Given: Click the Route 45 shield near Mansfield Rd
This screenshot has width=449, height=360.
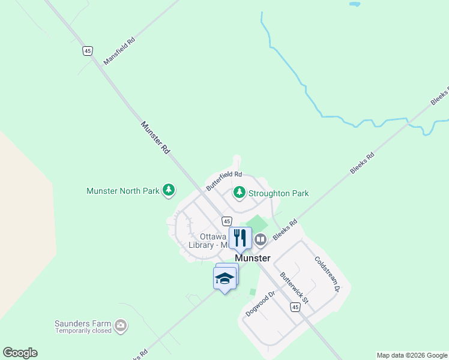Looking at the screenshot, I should pos(88,51).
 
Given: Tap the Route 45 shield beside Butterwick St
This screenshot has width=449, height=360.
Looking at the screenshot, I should pos(294,307).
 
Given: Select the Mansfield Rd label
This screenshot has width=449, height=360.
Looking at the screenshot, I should pos(119,51).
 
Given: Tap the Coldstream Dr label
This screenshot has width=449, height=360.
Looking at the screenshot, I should pos(327,274).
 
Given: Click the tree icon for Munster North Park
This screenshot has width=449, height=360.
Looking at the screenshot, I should pos(169,191).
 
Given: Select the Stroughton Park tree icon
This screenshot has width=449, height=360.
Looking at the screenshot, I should pos(240,193).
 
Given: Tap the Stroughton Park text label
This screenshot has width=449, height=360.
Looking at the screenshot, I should pos(279,193).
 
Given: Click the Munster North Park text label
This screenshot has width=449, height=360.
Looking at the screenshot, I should pos(123,191).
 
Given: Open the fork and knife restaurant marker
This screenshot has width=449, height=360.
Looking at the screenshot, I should pos(240,238).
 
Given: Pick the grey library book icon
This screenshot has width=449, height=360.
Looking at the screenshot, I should pos(261,240).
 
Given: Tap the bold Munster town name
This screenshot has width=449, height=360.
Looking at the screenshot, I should pos(253,258).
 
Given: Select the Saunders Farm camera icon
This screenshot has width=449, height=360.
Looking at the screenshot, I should pos(121,326).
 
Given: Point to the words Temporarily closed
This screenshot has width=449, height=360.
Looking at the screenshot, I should pos(83,331).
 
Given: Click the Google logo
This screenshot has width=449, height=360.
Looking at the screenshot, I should pos(20,352).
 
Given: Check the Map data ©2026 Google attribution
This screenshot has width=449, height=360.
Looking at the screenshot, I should pos(412,355).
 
